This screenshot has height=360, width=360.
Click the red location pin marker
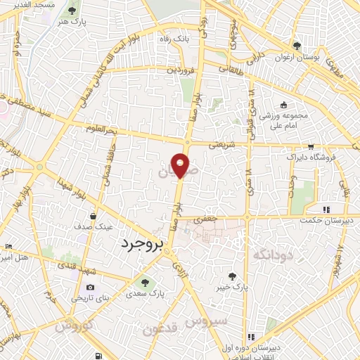(181, 165)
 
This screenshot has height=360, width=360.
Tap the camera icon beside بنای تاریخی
(90, 287)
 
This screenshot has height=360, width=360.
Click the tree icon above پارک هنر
(73, 11)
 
